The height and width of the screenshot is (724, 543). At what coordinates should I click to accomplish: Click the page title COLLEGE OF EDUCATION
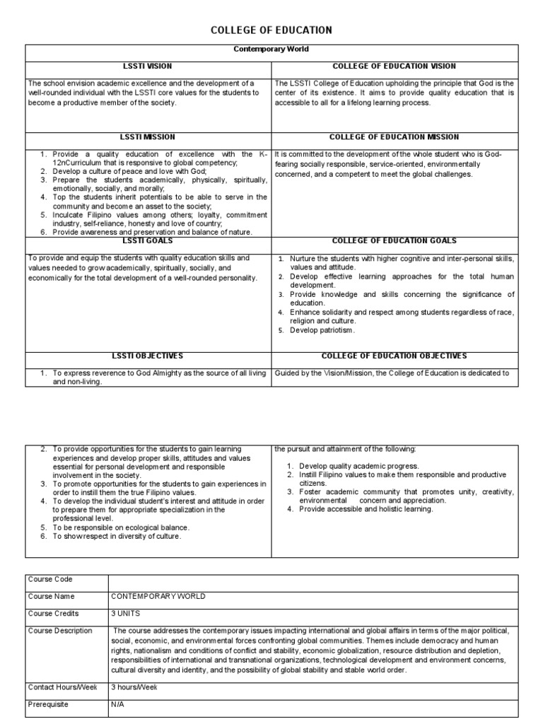click(x=271, y=30)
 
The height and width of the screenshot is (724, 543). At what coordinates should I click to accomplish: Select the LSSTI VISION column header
click(x=148, y=66)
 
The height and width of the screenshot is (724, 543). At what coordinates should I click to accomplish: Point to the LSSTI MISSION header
click(x=148, y=137)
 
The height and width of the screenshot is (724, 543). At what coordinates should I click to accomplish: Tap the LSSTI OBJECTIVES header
click(x=148, y=356)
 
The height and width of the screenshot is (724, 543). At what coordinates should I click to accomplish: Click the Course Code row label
click(x=49, y=580)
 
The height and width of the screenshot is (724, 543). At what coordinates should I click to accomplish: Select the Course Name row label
click(x=50, y=597)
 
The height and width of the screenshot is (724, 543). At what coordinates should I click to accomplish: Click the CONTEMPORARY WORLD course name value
click(x=158, y=597)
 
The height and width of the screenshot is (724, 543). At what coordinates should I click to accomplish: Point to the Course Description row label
click(x=60, y=631)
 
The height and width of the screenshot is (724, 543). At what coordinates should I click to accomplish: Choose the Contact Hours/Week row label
click(x=63, y=687)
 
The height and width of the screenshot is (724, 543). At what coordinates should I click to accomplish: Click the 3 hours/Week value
click(x=135, y=687)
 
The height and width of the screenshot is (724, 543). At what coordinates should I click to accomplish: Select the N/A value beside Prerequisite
click(x=117, y=703)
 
